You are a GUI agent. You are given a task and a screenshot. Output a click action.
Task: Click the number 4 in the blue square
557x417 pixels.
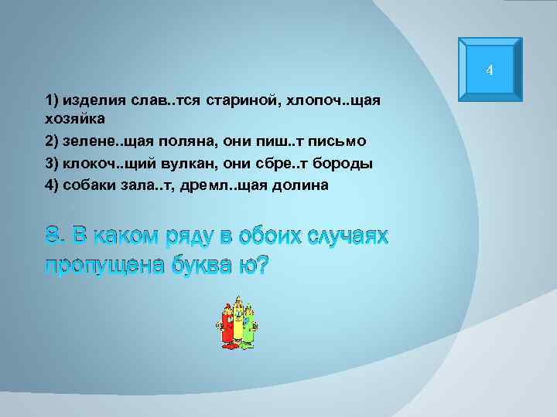tap(489, 72)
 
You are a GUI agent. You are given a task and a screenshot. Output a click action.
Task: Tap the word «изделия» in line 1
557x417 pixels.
tap(91, 101)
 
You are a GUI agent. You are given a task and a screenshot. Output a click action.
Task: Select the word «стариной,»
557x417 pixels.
tap(230, 101)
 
